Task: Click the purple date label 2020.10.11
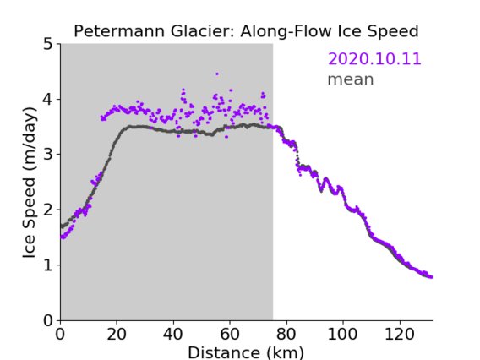374,59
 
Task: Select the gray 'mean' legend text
351,79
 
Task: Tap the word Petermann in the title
119,31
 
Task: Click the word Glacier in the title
202,31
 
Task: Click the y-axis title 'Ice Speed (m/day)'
30,183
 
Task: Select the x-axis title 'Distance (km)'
246,353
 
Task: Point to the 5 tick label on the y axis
48,44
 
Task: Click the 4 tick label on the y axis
48,100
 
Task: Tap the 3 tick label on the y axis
48,155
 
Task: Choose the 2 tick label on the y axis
48,210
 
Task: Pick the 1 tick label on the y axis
48,265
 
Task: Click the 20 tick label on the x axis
117,334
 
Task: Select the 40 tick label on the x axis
173,334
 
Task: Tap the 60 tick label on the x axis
230,334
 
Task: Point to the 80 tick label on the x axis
286,334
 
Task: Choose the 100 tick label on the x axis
342,334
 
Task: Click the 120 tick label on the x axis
399,334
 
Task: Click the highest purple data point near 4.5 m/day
217,74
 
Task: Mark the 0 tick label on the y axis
48,320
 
